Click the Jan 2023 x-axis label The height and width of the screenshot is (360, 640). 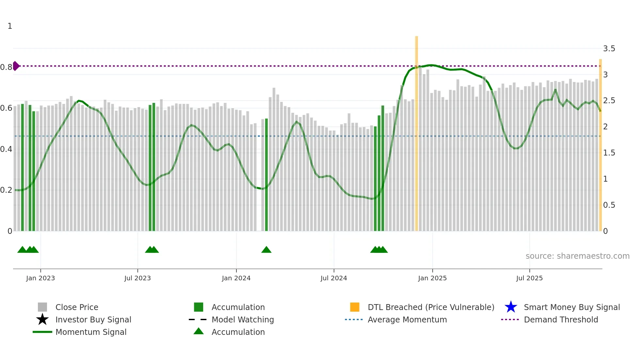[40, 278]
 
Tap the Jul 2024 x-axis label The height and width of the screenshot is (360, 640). [334, 278]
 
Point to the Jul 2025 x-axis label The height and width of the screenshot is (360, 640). [529, 278]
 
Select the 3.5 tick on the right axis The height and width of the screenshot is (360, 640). [609, 49]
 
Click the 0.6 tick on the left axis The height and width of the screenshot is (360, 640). [6, 108]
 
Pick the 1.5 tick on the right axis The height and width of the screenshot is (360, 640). [609, 153]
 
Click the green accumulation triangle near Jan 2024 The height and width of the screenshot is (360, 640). [266, 250]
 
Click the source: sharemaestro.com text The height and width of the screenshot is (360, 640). [577, 256]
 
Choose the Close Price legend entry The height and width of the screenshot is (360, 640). [77, 307]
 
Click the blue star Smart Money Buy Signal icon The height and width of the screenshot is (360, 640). [511, 307]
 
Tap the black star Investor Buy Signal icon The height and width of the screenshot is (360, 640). [42, 319]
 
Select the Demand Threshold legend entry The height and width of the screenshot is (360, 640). [561, 319]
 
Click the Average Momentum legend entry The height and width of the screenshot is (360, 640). [407, 319]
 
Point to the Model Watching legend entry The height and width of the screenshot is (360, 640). [242, 319]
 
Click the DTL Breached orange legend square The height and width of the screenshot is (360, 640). [355, 307]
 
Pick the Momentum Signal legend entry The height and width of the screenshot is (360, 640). [91, 332]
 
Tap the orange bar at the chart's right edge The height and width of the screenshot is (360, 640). [600, 147]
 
